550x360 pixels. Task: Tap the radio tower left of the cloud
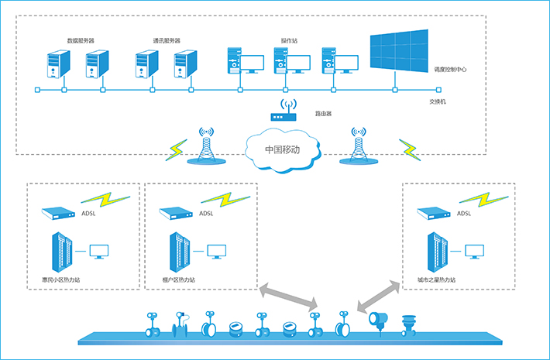tap(206, 145)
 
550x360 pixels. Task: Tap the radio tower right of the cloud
tap(358, 145)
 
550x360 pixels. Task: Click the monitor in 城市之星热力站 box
tap(474, 251)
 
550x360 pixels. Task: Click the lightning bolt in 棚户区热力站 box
tap(229, 199)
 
